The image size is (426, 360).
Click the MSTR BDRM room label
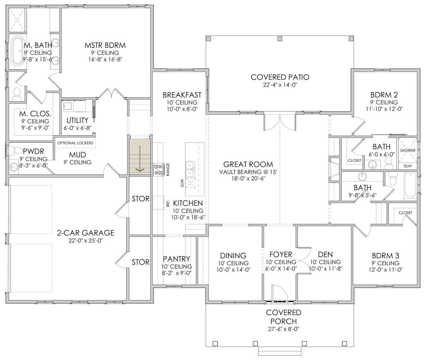105,45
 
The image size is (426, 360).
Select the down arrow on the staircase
140,158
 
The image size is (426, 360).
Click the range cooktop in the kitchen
159,170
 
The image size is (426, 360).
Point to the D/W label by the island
182,183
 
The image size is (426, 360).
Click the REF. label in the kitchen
168,203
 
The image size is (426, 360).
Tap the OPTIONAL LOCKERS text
75,143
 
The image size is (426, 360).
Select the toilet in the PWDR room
16,151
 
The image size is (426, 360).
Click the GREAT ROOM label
248,164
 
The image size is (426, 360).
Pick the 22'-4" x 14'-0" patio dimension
280,85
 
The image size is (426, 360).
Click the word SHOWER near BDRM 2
408,151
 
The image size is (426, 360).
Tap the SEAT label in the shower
408,166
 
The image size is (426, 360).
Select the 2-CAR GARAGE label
86,233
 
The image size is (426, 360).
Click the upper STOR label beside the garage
140,198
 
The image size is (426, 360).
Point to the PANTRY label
176,259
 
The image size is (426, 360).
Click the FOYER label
281,255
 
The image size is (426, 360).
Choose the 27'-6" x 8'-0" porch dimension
283,329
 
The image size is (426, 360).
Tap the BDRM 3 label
386,256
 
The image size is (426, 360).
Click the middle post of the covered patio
280,39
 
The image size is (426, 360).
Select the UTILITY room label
77,120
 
